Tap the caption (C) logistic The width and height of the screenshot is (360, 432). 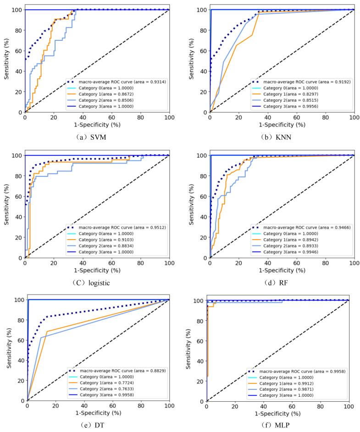(95, 282)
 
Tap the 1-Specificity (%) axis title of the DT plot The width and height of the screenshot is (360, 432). (98, 412)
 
